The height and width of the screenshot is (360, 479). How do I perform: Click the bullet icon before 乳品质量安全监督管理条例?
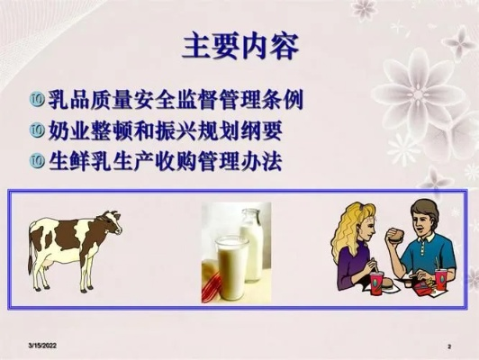(x=37, y=100)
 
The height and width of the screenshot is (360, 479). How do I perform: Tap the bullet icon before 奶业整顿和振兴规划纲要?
(x=37, y=130)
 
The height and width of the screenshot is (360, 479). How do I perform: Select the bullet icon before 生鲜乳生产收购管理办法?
(x=37, y=160)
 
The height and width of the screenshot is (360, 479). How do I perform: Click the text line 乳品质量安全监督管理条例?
(x=176, y=99)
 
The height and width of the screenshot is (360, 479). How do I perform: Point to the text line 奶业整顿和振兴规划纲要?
(x=165, y=130)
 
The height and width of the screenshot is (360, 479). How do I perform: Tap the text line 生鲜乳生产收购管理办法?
(x=165, y=160)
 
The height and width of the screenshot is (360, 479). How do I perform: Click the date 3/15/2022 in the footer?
(x=42, y=346)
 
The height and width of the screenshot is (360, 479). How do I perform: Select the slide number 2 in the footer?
(x=449, y=346)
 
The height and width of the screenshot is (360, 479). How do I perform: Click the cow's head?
(x=111, y=221)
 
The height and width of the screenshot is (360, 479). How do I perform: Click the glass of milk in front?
(x=231, y=268)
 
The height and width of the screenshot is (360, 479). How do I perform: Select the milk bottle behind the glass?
(x=252, y=244)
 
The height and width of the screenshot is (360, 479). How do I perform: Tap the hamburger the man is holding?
(x=395, y=237)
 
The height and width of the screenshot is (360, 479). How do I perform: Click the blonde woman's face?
(x=369, y=228)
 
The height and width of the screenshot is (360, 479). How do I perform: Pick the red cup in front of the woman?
(x=376, y=284)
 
